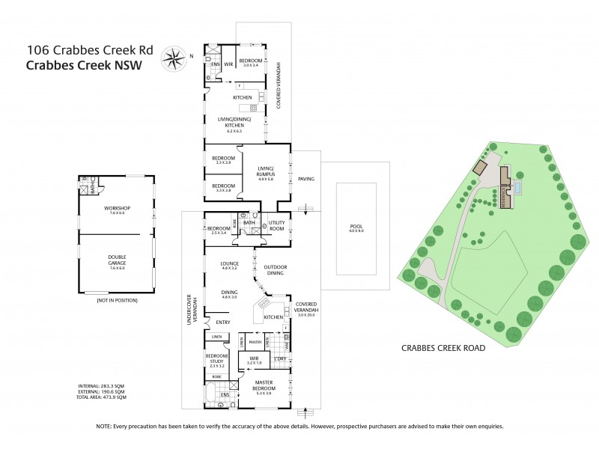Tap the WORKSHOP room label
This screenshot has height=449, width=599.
tap(118, 210)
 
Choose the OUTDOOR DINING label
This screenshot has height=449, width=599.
tap(274, 270)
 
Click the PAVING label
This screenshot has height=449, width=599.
tap(305, 179)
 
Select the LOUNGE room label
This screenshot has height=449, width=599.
tap(229, 264)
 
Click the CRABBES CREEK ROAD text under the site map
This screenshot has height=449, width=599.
tap(442, 348)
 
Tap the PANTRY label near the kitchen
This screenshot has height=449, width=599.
tap(255, 342)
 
